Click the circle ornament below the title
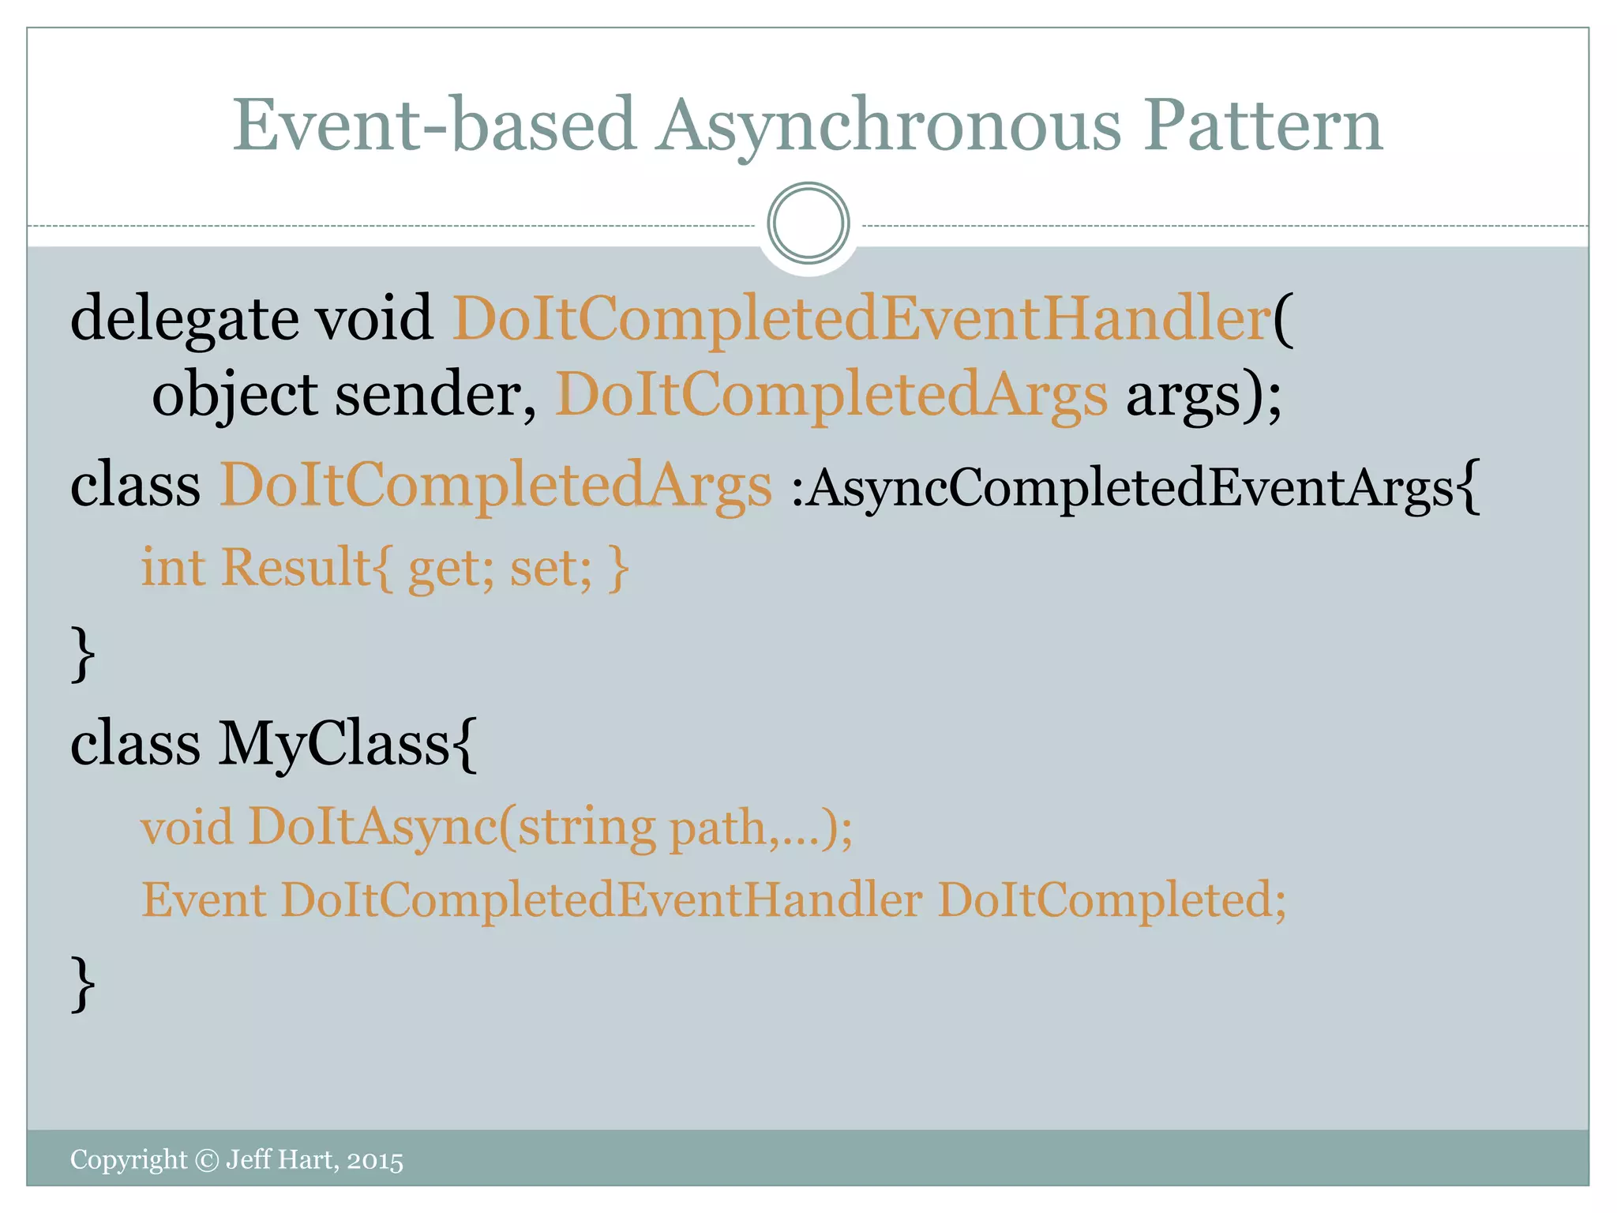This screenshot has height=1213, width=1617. pos(808,223)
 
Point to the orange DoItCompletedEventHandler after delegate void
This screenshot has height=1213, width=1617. pos(861,318)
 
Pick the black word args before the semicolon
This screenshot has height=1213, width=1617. pos(1193,394)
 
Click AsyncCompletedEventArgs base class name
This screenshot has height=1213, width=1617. pos(1131,486)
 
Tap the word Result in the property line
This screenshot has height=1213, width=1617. pos(296,567)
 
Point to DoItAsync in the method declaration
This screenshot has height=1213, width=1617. pos(372,828)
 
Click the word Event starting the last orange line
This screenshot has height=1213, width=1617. pos(204,899)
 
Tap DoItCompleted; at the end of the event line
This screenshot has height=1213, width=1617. pos(1112,901)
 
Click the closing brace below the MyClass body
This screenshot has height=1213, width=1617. pos(82,983)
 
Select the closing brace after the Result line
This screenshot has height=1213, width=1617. pos(82,653)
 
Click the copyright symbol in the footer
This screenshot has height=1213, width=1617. pos(206,1160)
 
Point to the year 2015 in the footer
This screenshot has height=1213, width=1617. pos(375,1160)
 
